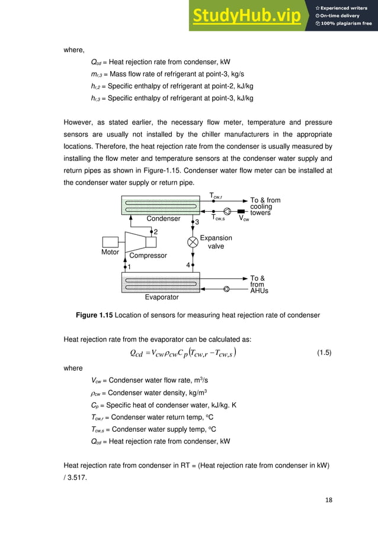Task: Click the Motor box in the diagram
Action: pos(111,242)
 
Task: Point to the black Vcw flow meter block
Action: pos(241,211)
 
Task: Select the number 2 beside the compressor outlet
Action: pos(155,232)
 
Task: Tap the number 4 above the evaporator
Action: pos(187,265)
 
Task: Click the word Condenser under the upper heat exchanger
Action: pos(164,219)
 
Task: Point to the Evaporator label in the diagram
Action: pos(162,297)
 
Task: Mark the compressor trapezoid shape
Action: pos(140,241)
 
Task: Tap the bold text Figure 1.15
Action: pos(97,315)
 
